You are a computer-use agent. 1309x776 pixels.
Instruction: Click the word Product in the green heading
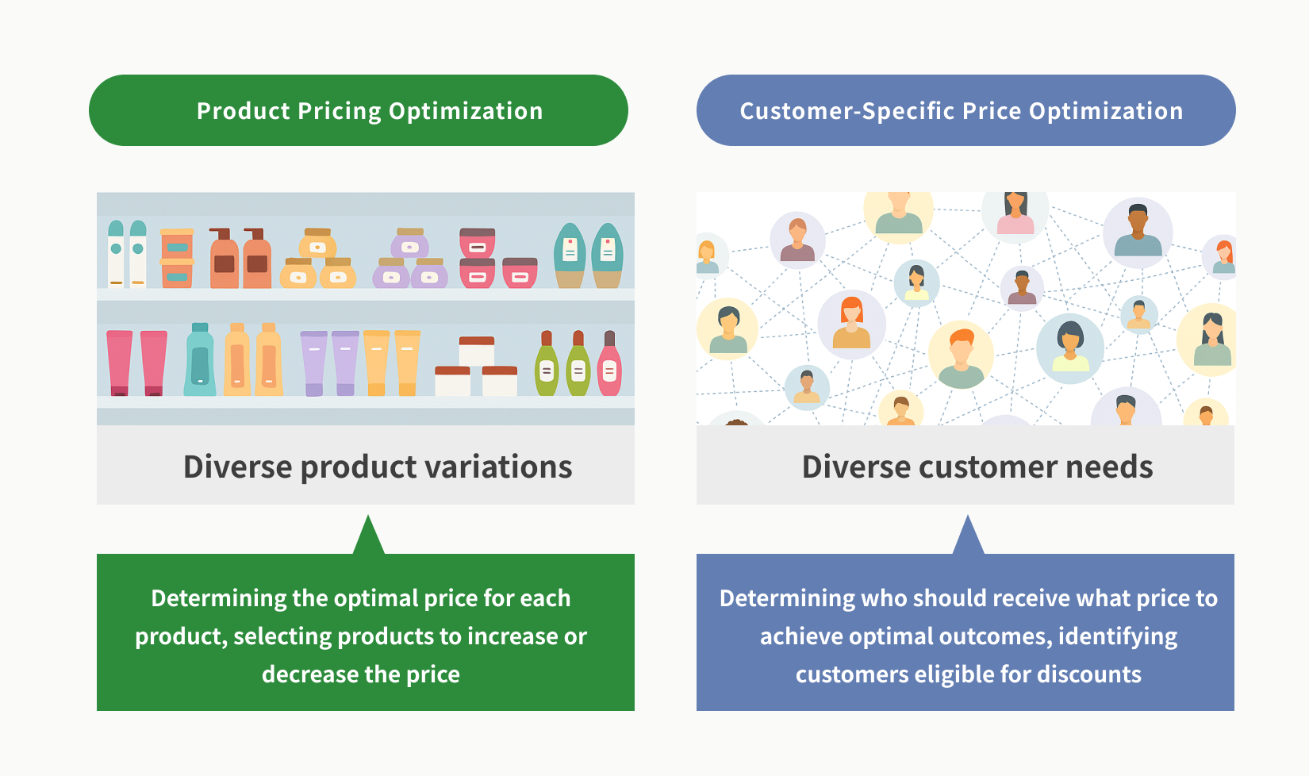point(244,111)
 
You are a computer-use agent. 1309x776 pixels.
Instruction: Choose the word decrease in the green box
point(309,674)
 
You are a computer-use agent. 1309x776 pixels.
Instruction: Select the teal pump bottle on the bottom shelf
point(199,359)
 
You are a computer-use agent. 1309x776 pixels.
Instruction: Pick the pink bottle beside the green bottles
point(609,363)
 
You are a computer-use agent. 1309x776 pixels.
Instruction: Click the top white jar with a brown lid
point(476,351)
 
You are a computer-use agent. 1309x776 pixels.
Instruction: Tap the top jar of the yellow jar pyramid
point(317,243)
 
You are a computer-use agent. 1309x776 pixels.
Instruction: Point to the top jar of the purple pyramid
point(409,243)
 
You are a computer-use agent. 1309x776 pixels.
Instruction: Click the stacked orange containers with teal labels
point(176,259)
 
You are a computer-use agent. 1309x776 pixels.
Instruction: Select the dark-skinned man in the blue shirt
point(1137,232)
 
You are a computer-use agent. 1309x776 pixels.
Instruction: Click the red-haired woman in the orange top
point(851,324)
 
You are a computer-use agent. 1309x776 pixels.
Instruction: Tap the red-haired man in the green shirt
point(961,354)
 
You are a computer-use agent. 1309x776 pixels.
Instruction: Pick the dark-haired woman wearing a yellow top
point(1069,348)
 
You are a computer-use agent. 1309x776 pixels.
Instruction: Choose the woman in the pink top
point(1015,214)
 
